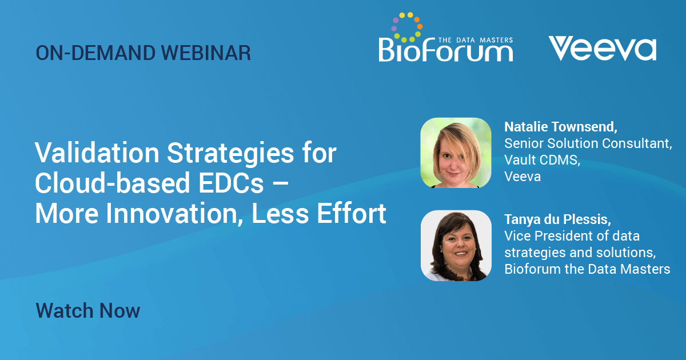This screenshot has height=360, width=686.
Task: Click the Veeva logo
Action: click(x=603, y=49)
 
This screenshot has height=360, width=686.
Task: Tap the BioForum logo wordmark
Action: click(x=445, y=50)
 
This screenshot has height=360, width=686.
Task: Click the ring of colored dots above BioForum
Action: click(x=406, y=27)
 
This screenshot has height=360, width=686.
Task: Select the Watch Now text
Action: click(x=88, y=310)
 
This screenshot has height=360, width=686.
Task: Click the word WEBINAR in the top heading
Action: click(x=206, y=53)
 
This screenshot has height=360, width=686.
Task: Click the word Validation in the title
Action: click(x=97, y=153)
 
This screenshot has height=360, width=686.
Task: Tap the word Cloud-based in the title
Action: click(x=113, y=183)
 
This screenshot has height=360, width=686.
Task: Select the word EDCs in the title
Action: click(x=231, y=183)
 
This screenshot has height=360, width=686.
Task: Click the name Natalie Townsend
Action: click(x=560, y=127)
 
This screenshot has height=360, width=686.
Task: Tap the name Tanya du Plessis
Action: click(x=557, y=219)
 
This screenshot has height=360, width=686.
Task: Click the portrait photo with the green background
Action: click(x=456, y=153)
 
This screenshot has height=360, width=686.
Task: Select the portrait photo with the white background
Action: click(x=456, y=246)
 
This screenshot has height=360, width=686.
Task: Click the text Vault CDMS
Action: click(x=541, y=160)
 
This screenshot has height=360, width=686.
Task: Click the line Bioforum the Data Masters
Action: click(x=587, y=269)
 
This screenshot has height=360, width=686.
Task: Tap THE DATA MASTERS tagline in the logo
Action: click(x=476, y=40)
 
